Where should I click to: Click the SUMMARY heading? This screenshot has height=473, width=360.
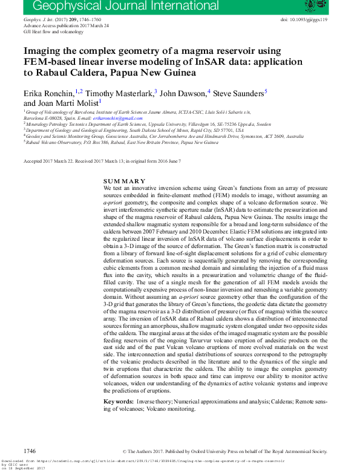tap(124, 181)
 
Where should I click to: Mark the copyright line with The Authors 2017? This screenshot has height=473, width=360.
tap(224, 451)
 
